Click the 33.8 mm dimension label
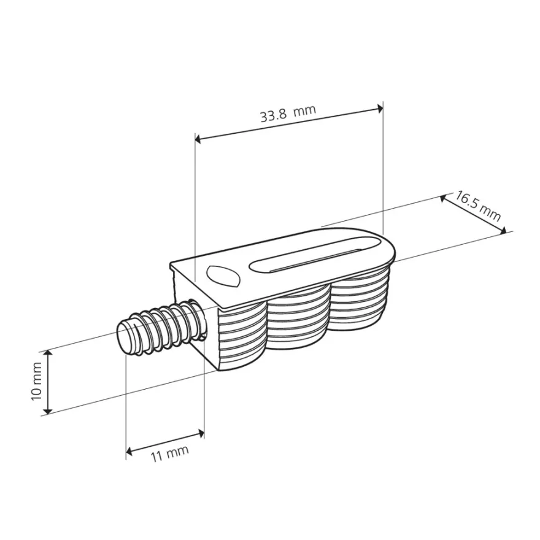point(288,113)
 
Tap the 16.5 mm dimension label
point(478,206)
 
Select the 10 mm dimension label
point(36,381)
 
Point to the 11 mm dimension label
point(170,454)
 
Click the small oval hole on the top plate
point(223,276)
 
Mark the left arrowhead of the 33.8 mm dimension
point(198,139)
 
